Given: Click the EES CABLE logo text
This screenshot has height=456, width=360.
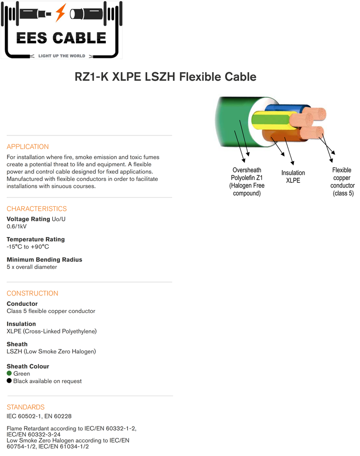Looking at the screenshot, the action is click(x=61, y=38).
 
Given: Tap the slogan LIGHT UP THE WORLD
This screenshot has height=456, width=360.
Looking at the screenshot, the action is click(x=62, y=56).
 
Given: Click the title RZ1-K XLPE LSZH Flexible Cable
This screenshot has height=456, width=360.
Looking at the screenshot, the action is click(x=165, y=77).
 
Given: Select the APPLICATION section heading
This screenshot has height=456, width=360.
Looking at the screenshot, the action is click(x=28, y=147).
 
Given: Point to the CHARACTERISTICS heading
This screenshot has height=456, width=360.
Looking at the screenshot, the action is click(x=37, y=209).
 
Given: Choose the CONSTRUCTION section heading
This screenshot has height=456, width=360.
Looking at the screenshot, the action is click(x=32, y=293).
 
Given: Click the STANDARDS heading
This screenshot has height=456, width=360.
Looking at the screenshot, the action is click(x=26, y=407).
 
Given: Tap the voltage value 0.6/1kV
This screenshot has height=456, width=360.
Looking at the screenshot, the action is click(x=17, y=227).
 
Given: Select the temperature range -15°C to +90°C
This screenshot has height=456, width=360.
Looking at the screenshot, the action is click(x=28, y=247).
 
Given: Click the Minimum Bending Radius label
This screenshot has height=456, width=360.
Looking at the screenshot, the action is click(x=45, y=260).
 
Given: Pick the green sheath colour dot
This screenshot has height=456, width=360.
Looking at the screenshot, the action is click(x=9, y=373).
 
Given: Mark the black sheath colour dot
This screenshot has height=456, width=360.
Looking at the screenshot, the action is click(x=9, y=380).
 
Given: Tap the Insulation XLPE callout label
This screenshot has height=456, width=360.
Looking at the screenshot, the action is click(x=293, y=177).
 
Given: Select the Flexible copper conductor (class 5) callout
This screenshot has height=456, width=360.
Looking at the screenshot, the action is click(x=342, y=181).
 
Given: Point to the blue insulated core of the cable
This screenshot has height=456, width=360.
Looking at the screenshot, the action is click(x=287, y=108).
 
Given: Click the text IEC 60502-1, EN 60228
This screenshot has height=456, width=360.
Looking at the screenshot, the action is click(x=39, y=417).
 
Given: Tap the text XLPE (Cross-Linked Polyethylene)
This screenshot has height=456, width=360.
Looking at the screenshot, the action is click(x=52, y=332).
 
